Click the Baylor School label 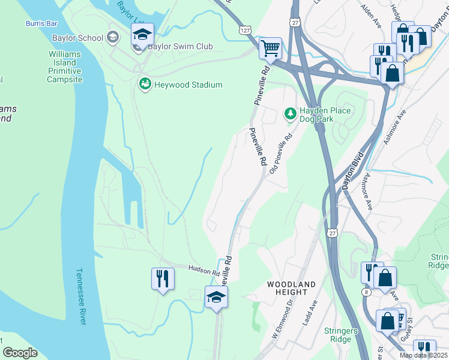82,38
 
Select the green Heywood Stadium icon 144,85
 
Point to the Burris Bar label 41,23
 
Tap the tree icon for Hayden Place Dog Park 290,113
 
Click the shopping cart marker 270,47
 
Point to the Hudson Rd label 203,271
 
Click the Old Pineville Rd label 280,154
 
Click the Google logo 20,353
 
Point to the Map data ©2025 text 423,355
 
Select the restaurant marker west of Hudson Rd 163,278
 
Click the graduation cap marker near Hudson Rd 217,296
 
